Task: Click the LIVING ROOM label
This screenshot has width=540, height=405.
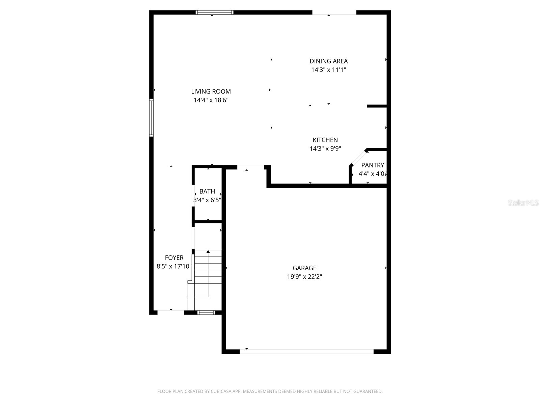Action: coord(211,91)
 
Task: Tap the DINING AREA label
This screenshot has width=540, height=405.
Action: coord(328,61)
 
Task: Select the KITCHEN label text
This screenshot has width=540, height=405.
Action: coord(325,140)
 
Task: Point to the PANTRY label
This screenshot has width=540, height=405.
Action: coord(373,165)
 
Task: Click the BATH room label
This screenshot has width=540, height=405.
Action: coord(207,191)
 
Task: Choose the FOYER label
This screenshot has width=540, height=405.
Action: coord(174,258)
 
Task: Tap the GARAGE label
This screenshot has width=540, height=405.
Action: coord(304,268)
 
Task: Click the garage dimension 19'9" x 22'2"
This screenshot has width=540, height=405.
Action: coord(304,277)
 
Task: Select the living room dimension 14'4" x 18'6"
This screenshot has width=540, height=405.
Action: coord(211,100)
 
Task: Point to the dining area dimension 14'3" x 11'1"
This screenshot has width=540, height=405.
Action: coord(328,70)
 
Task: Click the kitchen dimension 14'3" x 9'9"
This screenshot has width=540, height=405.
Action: coord(325,149)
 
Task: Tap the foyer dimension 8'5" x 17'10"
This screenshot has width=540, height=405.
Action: coord(174,266)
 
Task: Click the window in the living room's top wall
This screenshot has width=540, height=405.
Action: coord(214,12)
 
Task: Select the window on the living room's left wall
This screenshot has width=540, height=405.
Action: coord(152,117)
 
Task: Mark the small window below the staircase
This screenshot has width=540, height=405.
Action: coord(206,313)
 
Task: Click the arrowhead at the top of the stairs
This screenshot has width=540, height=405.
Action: coord(208,251)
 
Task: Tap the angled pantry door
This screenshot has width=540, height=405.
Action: coord(358,158)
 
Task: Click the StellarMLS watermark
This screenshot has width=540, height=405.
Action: coord(523,203)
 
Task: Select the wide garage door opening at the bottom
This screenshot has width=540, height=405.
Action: coord(306,352)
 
